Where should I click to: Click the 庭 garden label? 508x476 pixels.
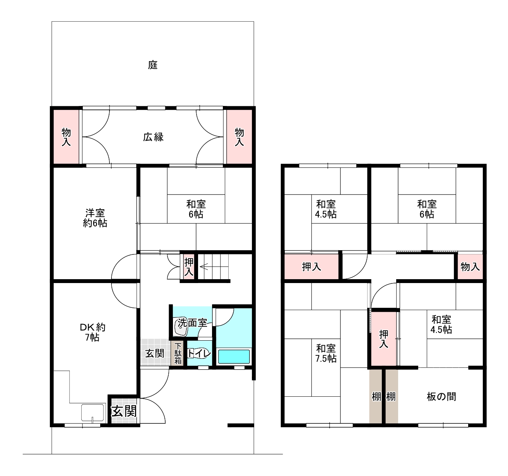point(153,65)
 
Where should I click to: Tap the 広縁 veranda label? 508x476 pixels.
point(153,137)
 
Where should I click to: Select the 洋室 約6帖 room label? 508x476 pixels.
point(95,218)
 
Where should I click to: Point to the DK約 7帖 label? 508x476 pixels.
point(92,332)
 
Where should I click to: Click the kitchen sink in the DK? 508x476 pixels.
point(93,412)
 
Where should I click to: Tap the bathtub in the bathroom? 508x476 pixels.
point(233,357)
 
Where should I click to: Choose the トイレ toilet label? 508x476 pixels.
point(199,353)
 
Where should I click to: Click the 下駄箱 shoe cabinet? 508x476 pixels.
point(178,353)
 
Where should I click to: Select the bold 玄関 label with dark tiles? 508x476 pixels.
point(124,411)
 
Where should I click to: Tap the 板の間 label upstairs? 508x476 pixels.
point(441,396)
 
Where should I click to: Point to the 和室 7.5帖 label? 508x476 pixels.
point(326,353)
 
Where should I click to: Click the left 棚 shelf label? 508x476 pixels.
point(376,397)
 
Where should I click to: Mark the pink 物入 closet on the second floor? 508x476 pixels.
point(470,267)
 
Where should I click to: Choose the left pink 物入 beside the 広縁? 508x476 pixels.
point(66,137)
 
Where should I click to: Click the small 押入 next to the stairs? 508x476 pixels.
point(189,267)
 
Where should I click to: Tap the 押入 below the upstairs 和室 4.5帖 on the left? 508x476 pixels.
point(311,267)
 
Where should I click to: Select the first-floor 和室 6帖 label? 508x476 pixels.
point(196,209)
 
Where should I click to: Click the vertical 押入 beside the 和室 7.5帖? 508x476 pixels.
point(384,339)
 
